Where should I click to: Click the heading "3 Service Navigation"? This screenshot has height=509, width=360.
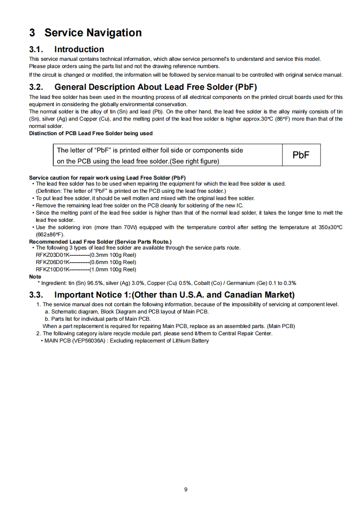[85, 33]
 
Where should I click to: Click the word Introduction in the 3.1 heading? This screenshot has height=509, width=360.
[79, 49]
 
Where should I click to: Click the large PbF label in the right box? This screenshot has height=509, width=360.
[301, 155]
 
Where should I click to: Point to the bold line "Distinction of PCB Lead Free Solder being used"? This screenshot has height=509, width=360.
[91, 133]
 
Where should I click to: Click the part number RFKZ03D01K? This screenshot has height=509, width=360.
[53, 255]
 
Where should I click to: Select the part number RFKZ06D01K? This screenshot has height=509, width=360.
[53, 262]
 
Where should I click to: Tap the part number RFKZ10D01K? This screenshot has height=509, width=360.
[53, 269]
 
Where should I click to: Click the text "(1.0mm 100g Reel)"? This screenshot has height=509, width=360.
[113, 269]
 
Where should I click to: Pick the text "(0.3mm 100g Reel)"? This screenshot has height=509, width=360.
[113, 255]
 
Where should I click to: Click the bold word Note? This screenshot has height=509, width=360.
[35, 276]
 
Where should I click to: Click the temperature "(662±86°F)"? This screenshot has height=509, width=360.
[50, 235]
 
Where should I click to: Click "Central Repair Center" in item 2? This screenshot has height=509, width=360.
[246, 333]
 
